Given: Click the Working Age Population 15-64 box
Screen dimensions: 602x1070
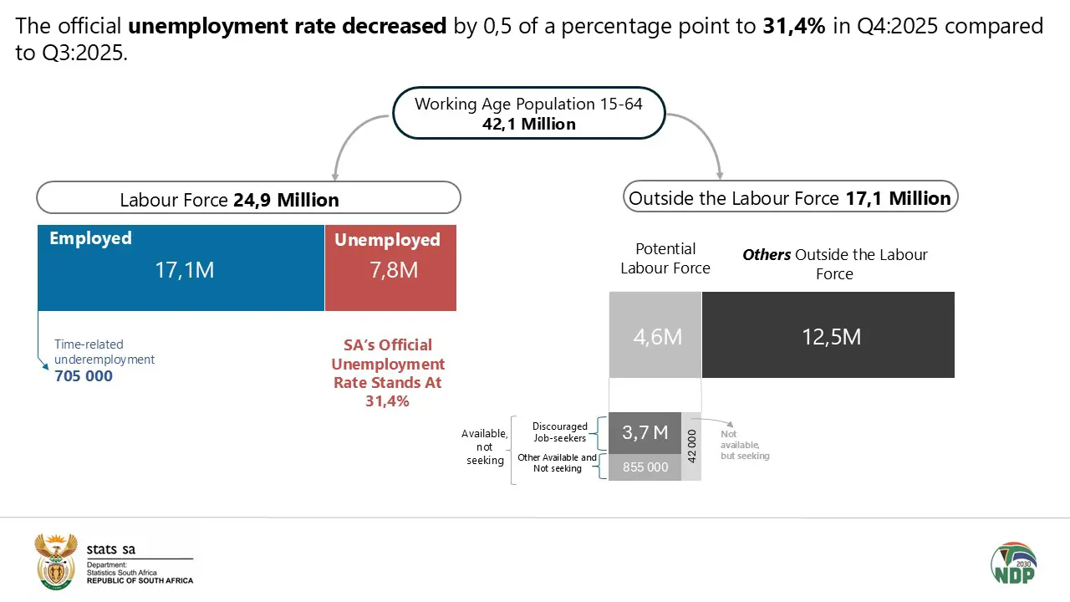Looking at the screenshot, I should (528, 114).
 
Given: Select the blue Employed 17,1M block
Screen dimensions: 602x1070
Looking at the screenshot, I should (181, 268).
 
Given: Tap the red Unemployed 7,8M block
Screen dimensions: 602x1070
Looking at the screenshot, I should (390, 268).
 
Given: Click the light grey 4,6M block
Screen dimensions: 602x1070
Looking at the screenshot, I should (655, 335).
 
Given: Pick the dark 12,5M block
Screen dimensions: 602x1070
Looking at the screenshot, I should (828, 335).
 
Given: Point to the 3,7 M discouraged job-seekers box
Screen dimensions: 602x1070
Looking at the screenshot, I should (645, 432).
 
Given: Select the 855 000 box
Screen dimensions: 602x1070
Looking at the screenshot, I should (645, 467).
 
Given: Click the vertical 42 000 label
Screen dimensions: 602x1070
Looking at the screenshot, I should (691, 446).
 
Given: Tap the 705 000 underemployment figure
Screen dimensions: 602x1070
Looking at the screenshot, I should (84, 376).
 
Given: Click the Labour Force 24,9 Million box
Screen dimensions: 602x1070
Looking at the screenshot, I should (248, 198).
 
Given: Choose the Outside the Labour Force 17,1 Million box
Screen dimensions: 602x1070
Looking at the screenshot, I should (790, 197).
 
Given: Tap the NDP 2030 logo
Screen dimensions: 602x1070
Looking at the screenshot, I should (1013, 564).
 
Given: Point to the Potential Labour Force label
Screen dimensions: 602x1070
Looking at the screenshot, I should (665, 258).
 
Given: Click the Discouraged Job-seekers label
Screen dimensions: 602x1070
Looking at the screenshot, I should (559, 432).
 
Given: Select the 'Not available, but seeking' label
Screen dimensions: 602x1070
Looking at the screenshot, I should (744, 446).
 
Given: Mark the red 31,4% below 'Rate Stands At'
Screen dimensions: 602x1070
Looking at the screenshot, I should (387, 401).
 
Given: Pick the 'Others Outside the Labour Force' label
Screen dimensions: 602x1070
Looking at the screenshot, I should (834, 263).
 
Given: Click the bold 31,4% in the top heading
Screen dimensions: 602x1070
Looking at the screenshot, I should (794, 26).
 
